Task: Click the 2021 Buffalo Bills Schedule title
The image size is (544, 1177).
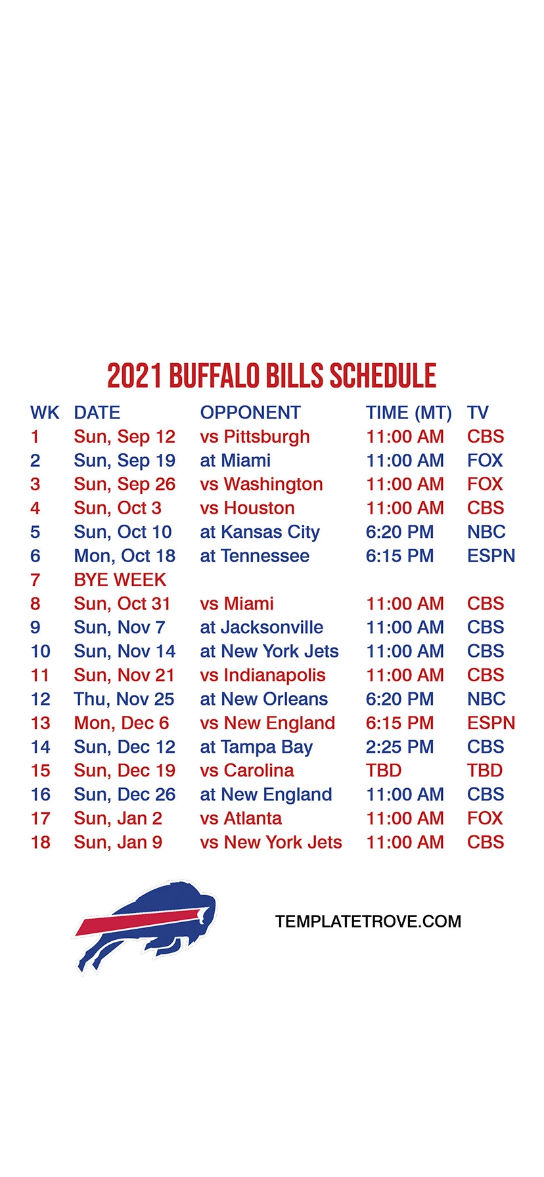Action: pyautogui.click(x=271, y=376)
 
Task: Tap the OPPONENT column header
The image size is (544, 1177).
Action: pyautogui.click(x=250, y=413)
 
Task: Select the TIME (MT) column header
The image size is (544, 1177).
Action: pyautogui.click(x=409, y=413)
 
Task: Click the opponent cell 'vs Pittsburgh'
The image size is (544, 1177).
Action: pyautogui.click(x=255, y=437)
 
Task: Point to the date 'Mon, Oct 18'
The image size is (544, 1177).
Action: pyautogui.click(x=125, y=556)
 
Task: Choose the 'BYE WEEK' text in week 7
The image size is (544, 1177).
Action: pyautogui.click(x=120, y=580)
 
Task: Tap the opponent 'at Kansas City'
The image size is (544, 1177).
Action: pyautogui.click(x=260, y=533)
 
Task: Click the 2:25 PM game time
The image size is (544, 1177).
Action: pyautogui.click(x=400, y=747)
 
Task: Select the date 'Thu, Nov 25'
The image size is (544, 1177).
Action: pyautogui.click(x=124, y=700)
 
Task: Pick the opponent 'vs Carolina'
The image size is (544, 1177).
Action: pyautogui.click(x=247, y=770)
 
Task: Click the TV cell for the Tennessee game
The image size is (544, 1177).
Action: pyautogui.click(x=491, y=556)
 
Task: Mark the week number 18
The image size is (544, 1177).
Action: pyautogui.click(x=41, y=842)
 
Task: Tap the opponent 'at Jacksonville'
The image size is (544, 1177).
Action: pyautogui.click(x=261, y=627)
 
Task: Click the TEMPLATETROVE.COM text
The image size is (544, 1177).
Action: pyautogui.click(x=368, y=922)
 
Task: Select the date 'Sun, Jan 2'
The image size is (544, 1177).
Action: pyautogui.click(x=118, y=819)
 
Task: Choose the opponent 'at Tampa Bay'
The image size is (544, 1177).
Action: pyautogui.click(x=256, y=747)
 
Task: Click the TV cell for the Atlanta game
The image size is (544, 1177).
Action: pyautogui.click(x=485, y=818)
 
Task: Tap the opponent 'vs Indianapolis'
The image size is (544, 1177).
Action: pyautogui.click(x=263, y=676)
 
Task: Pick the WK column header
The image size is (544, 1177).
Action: pyautogui.click(x=45, y=413)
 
